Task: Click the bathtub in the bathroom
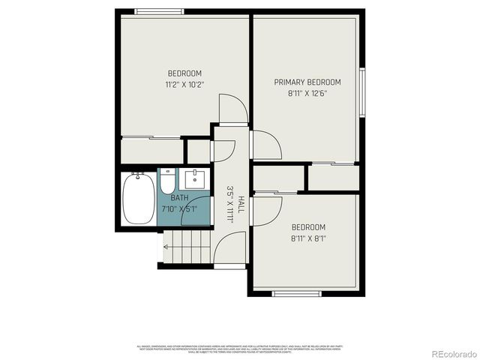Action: [137, 199]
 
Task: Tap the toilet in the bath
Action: [167, 182]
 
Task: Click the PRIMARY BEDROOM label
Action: [307, 82]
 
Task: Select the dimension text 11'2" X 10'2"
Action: [185, 85]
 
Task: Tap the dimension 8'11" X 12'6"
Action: [307, 94]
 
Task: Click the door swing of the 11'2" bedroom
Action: [232, 109]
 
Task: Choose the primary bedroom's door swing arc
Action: [265, 145]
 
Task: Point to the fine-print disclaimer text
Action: [240, 349]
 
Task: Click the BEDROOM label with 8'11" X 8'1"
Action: [307, 227]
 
